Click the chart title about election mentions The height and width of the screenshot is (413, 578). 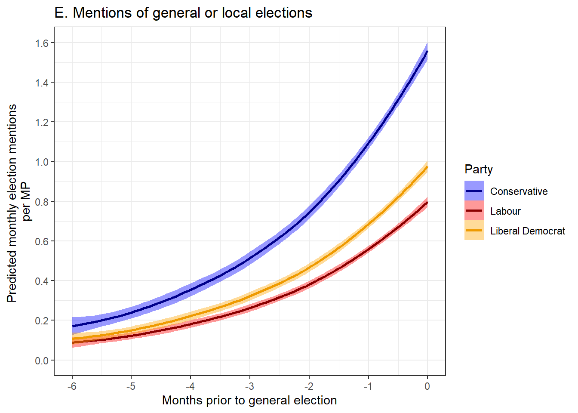(x=183, y=13)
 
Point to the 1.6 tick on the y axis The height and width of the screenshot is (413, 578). (x=43, y=43)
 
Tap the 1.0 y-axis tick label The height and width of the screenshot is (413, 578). (x=43, y=162)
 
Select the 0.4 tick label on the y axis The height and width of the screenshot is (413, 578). (x=43, y=281)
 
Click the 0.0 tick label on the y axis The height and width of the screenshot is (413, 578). (x=43, y=361)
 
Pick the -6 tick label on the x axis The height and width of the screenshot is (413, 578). (x=72, y=386)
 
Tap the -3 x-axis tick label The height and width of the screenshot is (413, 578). (x=249, y=386)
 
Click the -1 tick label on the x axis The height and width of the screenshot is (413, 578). (x=368, y=386)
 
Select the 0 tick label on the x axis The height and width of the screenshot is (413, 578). (x=427, y=386)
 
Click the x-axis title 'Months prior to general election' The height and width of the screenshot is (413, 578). (x=249, y=401)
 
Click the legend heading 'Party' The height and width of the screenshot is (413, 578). (x=479, y=170)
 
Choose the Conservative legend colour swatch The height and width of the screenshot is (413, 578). (x=474, y=191)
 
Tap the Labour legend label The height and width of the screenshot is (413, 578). (x=505, y=211)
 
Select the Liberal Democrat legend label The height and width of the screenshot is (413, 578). (x=528, y=231)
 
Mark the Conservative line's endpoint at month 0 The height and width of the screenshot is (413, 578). (x=427, y=51)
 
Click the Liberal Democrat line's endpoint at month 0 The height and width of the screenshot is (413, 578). (x=427, y=167)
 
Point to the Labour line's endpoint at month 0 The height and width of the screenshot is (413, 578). (x=427, y=203)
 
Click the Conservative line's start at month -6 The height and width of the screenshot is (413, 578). (x=72, y=327)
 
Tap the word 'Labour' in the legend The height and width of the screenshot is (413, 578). (x=505, y=211)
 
